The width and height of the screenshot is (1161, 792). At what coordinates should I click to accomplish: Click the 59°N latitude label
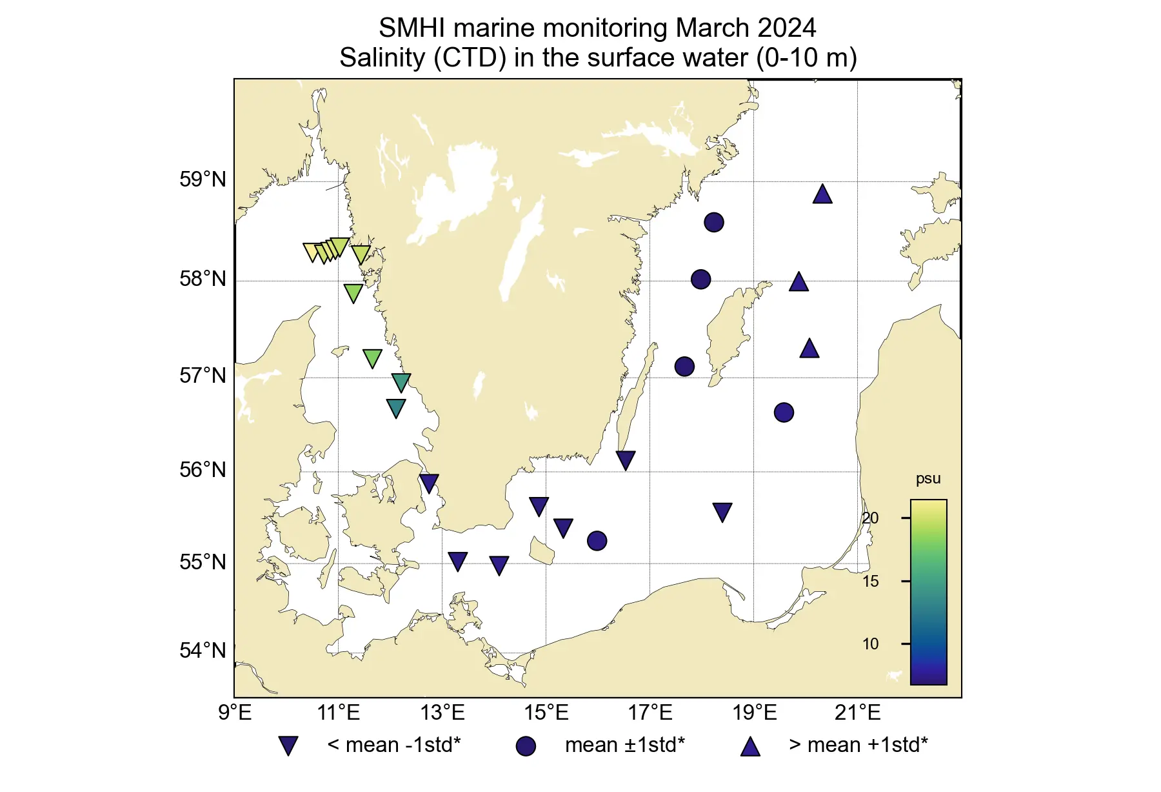[x=203, y=179]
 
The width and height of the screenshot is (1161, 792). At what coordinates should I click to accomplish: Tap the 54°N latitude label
[x=203, y=651]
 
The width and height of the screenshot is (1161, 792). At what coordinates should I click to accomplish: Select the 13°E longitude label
[x=442, y=713]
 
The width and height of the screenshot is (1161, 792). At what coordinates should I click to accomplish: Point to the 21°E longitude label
[x=857, y=713]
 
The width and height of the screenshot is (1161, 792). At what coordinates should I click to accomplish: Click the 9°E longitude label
[x=235, y=713]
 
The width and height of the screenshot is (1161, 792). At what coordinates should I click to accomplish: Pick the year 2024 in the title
[x=786, y=28]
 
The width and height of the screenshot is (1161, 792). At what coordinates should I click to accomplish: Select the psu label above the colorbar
[x=928, y=479]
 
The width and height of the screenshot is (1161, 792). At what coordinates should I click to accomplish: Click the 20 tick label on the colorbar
[x=870, y=518]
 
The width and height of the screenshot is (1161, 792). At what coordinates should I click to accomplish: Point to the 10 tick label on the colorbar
[x=870, y=644]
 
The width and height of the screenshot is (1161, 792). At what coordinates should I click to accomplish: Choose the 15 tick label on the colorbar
[x=870, y=581]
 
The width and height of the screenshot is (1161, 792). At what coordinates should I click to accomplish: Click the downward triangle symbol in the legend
[x=288, y=746]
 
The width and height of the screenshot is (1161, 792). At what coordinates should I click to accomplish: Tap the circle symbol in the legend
[x=526, y=746]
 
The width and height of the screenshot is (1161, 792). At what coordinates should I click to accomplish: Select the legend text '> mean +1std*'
[x=858, y=745]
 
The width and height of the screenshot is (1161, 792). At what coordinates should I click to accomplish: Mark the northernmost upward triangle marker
[x=822, y=194]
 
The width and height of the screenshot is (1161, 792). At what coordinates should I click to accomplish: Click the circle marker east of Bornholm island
[x=597, y=540]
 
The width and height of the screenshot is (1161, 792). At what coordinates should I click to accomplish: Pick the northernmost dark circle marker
[x=713, y=222]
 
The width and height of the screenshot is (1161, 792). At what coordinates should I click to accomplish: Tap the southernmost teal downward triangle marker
[x=396, y=408]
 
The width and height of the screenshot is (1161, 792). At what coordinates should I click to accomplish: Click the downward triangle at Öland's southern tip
[x=626, y=460]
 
